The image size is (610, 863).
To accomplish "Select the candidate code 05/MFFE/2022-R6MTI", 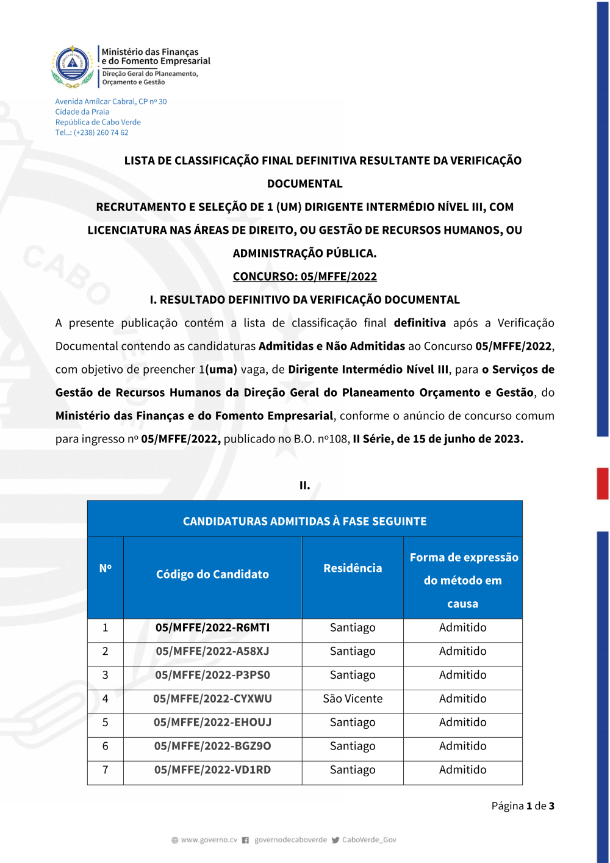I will tap(212, 627).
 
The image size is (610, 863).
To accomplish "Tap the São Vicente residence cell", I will tap(353, 699).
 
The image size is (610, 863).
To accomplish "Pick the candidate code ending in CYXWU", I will tap(212, 699).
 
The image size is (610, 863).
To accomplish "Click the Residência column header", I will tap(353, 568).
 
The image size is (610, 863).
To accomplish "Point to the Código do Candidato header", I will tap(212, 574).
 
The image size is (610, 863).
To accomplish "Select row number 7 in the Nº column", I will tap(105, 770).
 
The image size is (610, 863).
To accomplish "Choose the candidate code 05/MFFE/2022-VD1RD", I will tap(212, 770).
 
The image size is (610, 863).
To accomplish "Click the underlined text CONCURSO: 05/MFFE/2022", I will tap(305, 276).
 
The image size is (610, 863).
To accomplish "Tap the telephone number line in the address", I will tap(91, 132).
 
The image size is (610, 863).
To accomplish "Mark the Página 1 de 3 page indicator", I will tap(523, 806).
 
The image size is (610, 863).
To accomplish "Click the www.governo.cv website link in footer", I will tap(209, 840).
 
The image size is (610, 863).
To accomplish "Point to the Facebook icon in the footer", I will tap(245, 840).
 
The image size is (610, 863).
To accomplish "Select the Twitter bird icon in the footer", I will tap(335, 840).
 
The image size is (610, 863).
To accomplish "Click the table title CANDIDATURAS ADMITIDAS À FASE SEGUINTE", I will tap(305, 521).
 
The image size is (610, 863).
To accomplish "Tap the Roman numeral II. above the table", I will tap(305, 486).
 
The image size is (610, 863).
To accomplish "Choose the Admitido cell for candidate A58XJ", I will tap(462, 651).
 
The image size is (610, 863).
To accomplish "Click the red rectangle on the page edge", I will tap(603, 483).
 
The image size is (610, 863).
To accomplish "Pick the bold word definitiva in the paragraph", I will tap(420, 323).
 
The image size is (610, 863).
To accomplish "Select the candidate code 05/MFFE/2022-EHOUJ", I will tap(212, 723).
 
